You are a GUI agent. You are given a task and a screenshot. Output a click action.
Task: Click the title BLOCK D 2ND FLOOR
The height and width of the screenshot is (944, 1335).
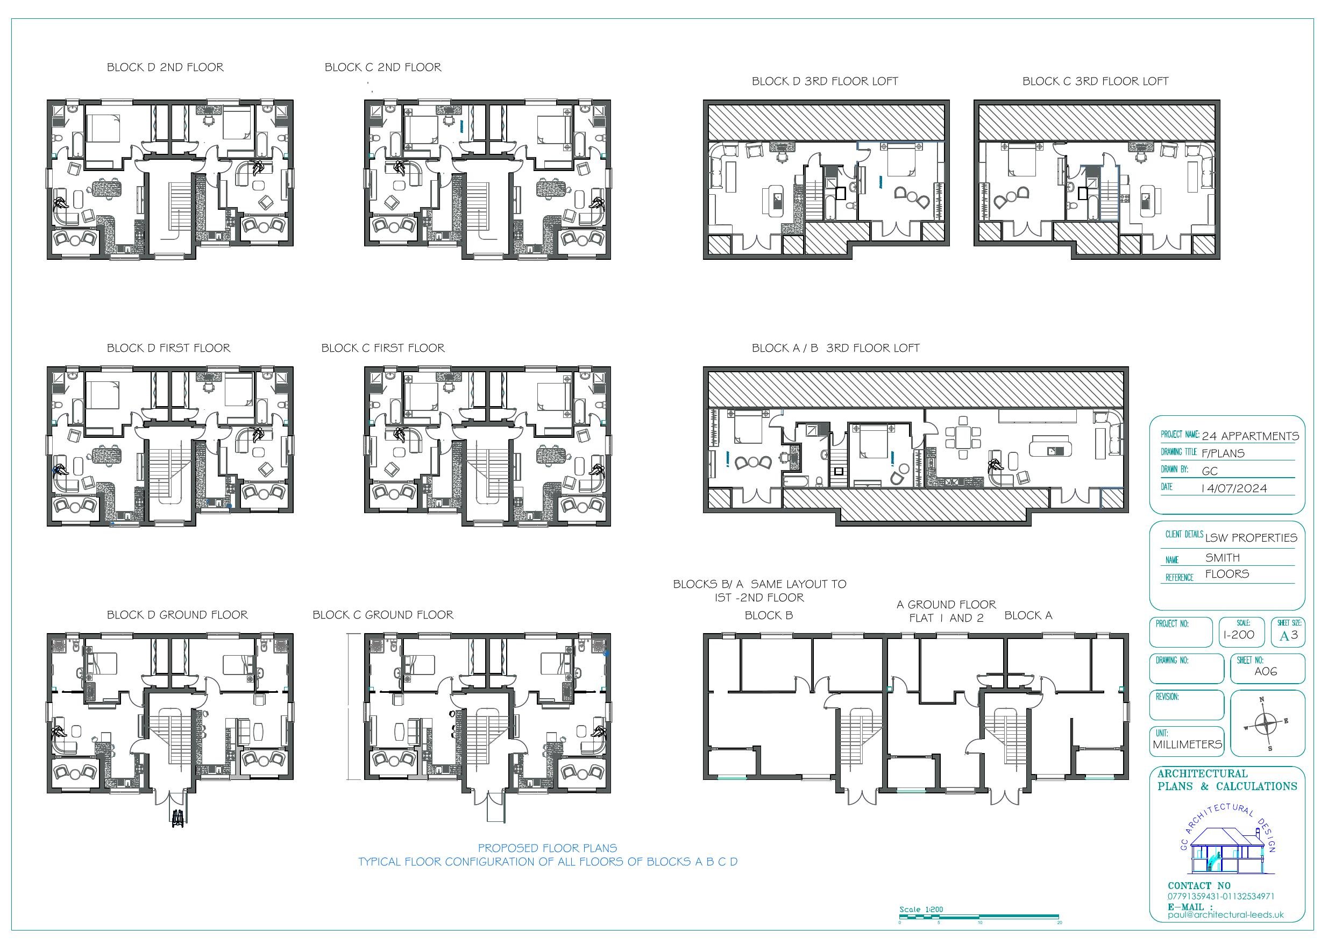coord(165,67)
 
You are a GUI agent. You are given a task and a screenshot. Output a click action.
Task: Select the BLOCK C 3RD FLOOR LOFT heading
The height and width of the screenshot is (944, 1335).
coord(1096,81)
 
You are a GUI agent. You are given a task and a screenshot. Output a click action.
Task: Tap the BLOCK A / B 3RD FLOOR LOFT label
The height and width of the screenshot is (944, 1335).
coord(835,349)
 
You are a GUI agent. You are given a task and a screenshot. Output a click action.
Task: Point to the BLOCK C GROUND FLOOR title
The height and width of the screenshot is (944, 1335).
coord(382,615)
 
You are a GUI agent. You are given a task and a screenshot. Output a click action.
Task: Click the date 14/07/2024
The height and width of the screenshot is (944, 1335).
coord(1234,488)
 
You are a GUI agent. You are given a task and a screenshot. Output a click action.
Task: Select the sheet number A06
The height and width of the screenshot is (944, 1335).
coord(1266,671)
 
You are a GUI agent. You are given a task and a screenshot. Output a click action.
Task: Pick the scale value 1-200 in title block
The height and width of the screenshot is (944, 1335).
coord(1239,635)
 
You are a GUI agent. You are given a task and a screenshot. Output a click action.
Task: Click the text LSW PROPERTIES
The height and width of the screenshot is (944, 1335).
coord(1251,538)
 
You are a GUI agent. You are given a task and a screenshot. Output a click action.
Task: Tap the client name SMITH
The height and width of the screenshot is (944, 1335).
coord(1222,558)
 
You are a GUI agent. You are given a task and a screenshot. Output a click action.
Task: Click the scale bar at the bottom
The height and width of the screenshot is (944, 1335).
coord(979,918)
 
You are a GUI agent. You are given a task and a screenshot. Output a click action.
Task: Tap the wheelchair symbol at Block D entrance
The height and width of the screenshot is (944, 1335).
coord(177,817)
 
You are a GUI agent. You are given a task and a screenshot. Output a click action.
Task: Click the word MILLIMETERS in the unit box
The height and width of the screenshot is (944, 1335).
coord(1187,744)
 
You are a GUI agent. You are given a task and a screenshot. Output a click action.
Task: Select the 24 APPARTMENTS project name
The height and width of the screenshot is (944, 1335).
coord(1250,436)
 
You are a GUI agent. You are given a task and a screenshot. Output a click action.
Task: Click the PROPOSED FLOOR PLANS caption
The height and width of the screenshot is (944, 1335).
coord(547,848)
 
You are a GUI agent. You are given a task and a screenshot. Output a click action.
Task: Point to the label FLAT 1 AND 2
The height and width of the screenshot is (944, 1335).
coord(946,618)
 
